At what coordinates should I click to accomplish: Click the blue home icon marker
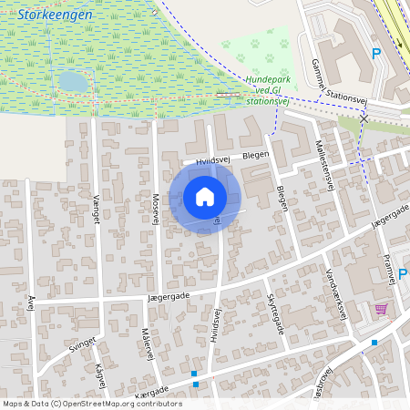click(x=205, y=196)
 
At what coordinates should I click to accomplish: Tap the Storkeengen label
click(x=54, y=15)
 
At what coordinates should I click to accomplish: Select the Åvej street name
click(x=31, y=302)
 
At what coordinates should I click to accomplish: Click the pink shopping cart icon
click(x=380, y=309)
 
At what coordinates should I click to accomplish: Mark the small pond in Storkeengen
click(x=73, y=82)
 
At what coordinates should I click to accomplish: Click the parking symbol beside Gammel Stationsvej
click(x=376, y=53)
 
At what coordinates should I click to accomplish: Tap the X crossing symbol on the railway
click(x=364, y=118)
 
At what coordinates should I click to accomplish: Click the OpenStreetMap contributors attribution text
click(x=92, y=404)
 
